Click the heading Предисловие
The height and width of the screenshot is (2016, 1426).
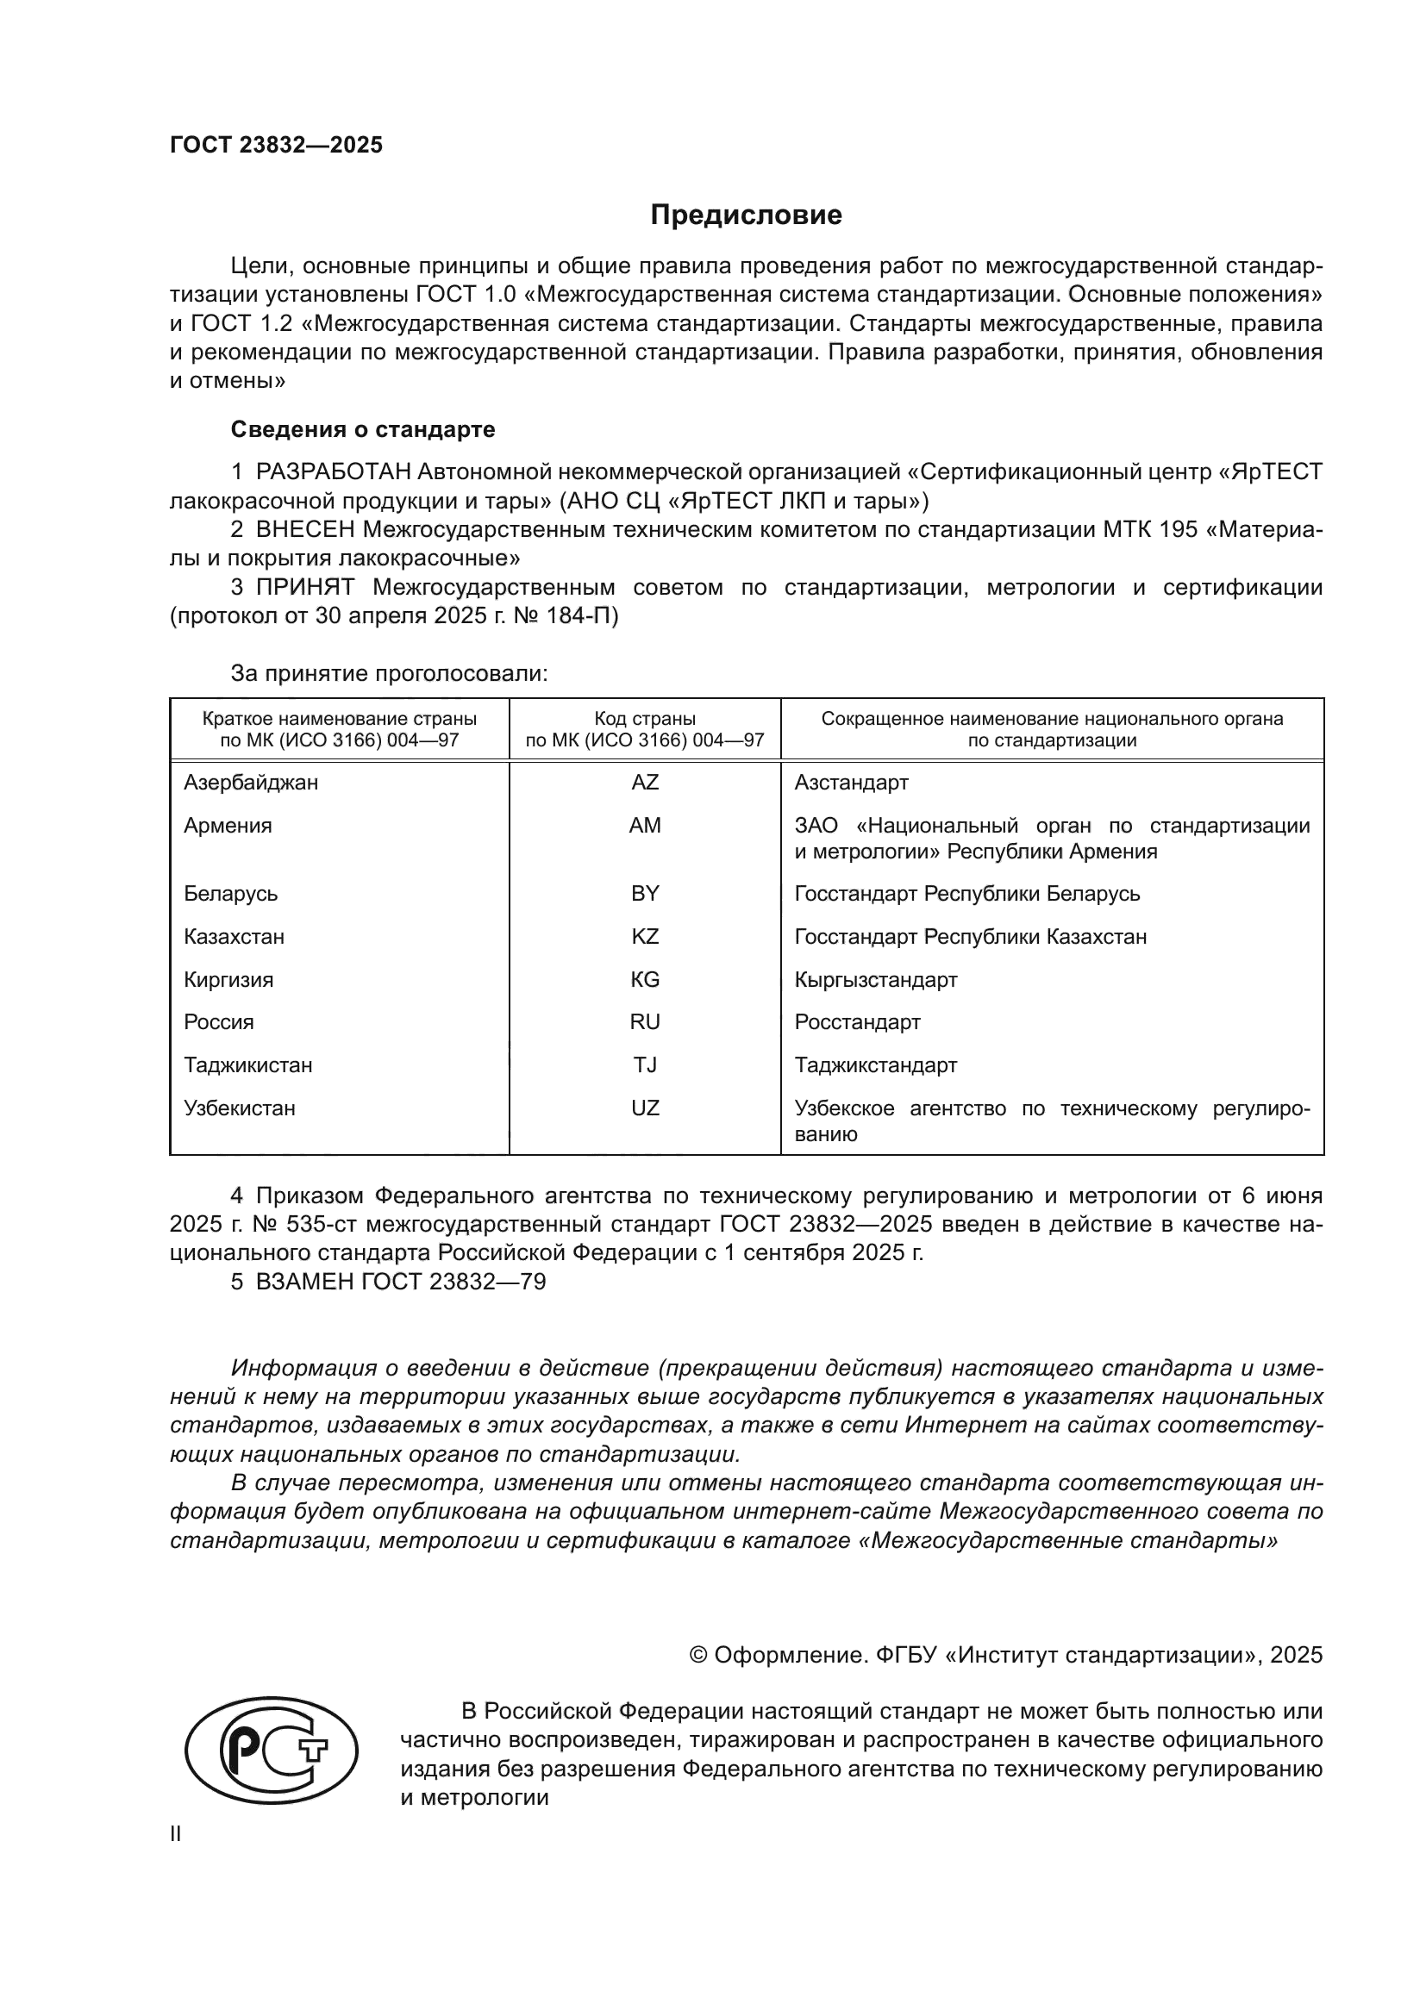coord(746,215)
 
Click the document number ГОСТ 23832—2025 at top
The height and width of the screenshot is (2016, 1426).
coord(276,145)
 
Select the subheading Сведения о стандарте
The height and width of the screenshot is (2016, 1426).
coord(363,429)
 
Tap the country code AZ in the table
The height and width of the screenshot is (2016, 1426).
coord(645,783)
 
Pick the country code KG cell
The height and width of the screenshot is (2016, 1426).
coord(645,979)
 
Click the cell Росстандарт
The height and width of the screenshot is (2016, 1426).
coord(857,1022)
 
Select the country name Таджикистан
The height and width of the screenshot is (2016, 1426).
coord(247,1065)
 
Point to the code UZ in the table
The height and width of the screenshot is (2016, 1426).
coord(645,1108)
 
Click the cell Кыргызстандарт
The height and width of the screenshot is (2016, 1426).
coord(875,979)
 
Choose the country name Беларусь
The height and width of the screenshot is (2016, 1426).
coord(230,894)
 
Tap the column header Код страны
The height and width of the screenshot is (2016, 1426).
coord(645,719)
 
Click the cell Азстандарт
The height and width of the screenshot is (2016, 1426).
coord(851,783)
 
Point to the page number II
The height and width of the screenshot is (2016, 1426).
coord(176,1833)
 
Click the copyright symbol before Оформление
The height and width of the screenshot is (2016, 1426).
coord(698,1655)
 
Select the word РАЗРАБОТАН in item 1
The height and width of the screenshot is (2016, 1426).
coord(333,472)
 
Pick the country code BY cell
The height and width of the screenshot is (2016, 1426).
coord(645,894)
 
